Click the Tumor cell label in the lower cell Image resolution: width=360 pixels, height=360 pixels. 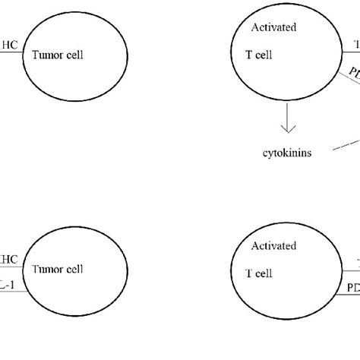57,269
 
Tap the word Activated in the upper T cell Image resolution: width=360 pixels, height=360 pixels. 273,28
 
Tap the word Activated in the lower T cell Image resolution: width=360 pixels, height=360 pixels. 273,247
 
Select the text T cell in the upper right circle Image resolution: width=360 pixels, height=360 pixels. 262,55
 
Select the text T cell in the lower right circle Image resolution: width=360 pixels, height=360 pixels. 263,273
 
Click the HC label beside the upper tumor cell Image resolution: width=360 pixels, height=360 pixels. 9,46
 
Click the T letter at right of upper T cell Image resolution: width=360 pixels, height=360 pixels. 355,46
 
